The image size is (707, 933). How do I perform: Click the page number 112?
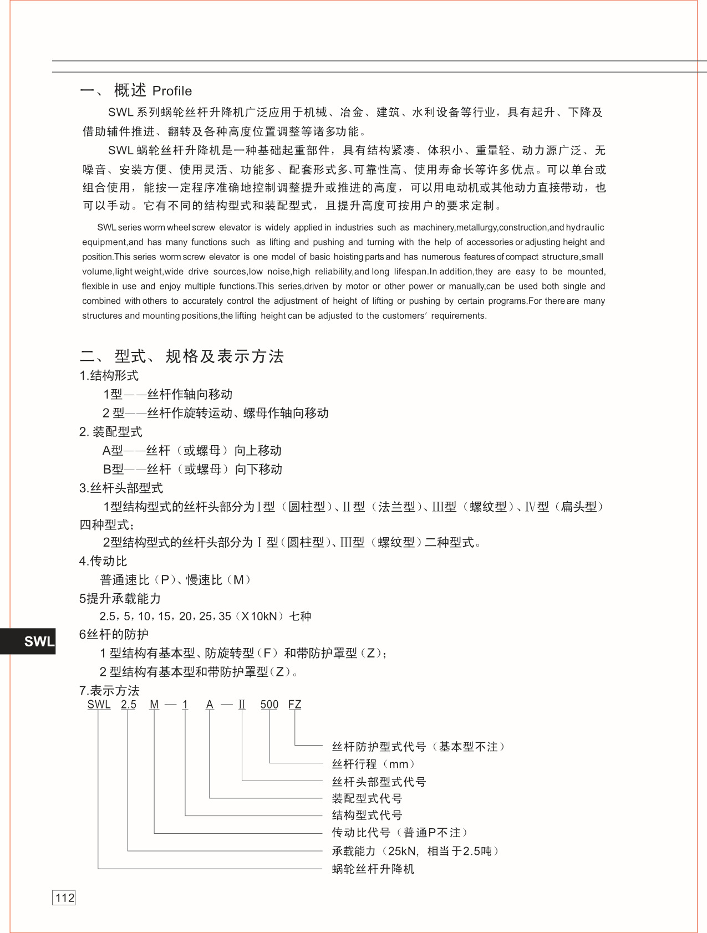64,898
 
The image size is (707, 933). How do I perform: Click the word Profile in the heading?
172,91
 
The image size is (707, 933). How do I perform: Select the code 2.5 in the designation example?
129,704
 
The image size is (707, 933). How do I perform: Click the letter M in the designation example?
154,704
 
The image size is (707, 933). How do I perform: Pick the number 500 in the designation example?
269,704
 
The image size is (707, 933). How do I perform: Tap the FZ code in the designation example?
294,704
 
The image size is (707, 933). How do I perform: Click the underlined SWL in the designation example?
99,704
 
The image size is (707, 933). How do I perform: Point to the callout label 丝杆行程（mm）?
373,764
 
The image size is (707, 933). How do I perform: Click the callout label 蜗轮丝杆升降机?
373,869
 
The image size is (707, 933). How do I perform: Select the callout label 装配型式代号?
367,798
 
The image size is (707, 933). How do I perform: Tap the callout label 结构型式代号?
367,815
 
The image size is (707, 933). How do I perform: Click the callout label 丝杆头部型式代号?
379,782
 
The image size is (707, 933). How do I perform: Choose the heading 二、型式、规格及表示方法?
182,356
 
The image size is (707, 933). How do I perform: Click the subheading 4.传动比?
103,561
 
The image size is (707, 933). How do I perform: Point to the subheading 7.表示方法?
109,690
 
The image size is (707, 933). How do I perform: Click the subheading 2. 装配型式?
110,431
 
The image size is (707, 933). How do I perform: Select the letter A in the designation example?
210,704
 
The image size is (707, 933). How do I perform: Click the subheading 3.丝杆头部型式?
121,488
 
